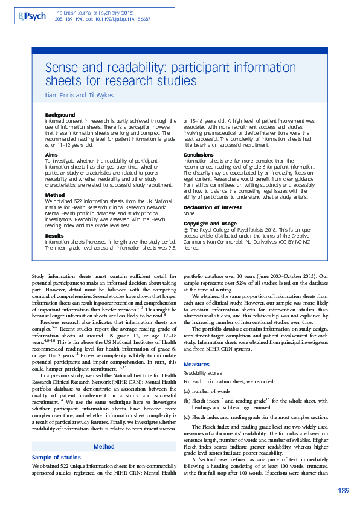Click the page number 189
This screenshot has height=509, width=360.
[343, 491]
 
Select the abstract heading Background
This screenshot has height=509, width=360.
[60, 115]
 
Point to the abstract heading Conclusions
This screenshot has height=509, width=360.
[198, 155]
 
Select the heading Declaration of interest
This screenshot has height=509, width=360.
[210, 207]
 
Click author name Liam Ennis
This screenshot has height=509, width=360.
[59, 94]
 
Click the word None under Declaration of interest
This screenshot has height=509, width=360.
[190, 213]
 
